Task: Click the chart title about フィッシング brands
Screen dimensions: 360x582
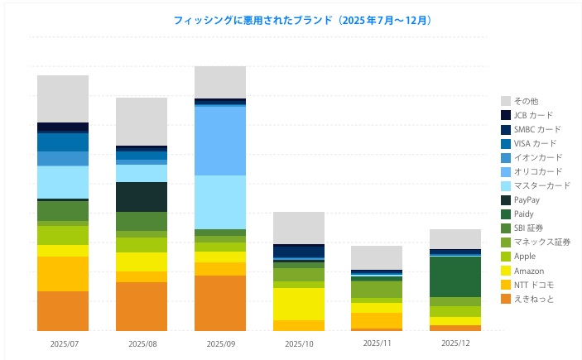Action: point(291,19)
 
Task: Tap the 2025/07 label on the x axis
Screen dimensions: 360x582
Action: point(62,343)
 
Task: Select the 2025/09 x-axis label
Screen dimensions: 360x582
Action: point(220,343)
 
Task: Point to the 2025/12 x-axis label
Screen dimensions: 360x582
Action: point(455,342)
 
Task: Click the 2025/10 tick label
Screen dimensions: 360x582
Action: point(299,343)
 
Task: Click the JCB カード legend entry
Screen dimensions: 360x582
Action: point(531,115)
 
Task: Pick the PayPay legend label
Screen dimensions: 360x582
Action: point(527,199)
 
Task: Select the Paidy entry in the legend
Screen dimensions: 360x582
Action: point(524,214)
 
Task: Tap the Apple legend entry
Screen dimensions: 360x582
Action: point(524,257)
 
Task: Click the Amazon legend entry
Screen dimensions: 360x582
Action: point(528,271)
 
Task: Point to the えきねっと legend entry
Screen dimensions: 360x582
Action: point(533,299)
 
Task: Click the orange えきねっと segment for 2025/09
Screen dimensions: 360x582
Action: point(220,303)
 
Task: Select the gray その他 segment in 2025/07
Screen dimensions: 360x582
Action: point(63,98)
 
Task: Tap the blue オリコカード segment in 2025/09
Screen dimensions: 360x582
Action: point(220,141)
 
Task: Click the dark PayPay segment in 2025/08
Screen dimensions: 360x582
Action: point(142,197)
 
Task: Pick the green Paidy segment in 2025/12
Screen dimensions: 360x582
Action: point(455,276)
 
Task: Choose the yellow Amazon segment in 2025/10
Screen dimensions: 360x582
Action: point(299,304)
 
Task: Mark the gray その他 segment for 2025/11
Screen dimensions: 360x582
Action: point(377,257)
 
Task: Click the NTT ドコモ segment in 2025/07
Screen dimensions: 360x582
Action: point(63,274)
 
